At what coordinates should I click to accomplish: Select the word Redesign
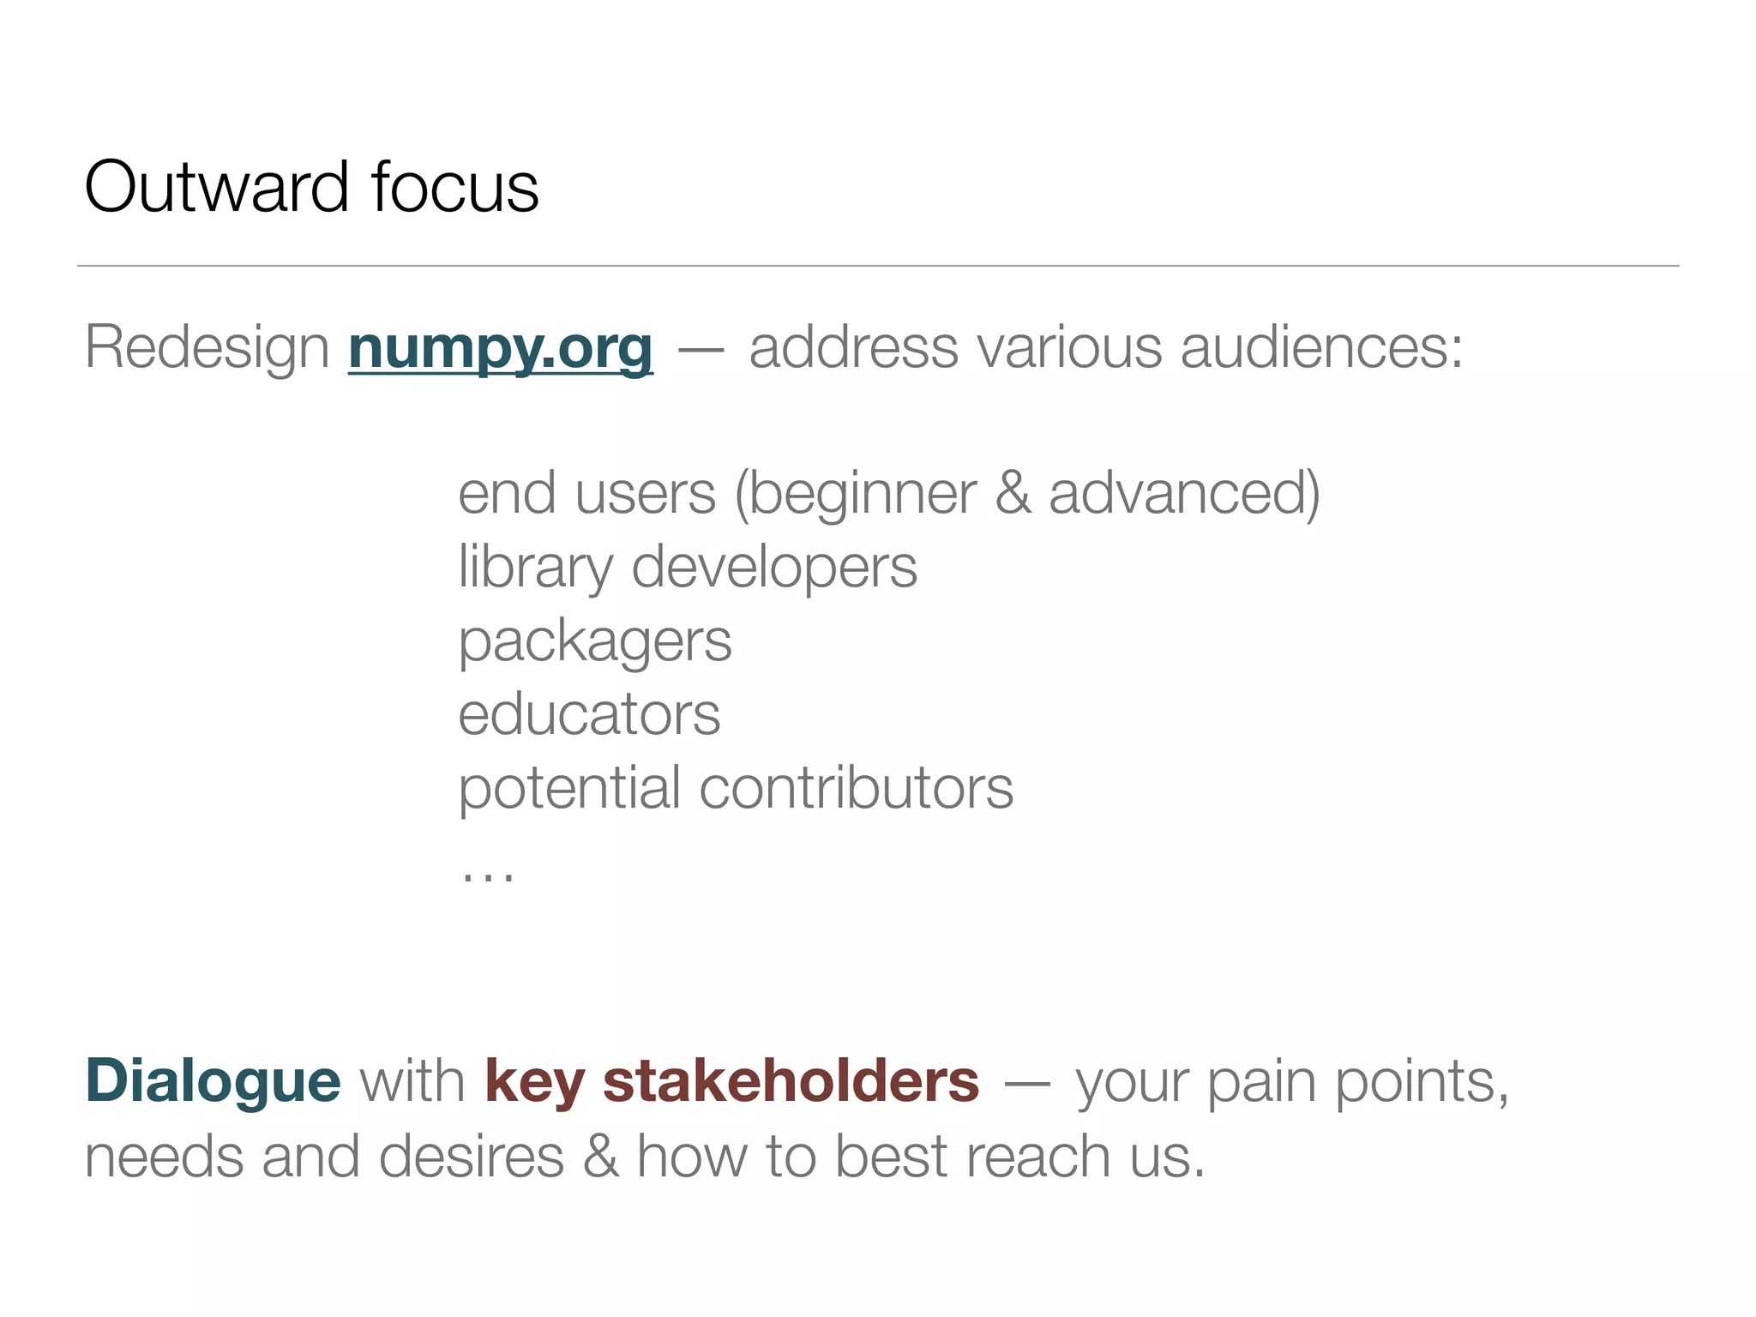[x=207, y=348]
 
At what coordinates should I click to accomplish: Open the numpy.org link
[x=501, y=348]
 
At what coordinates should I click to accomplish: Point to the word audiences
[x=1320, y=348]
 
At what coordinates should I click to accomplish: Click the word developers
[x=774, y=568]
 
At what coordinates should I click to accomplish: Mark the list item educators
[x=589, y=715]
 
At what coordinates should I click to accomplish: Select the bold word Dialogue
[x=213, y=1081]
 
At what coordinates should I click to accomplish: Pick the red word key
[x=534, y=1081]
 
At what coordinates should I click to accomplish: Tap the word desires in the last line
[x=471, y=1157]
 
